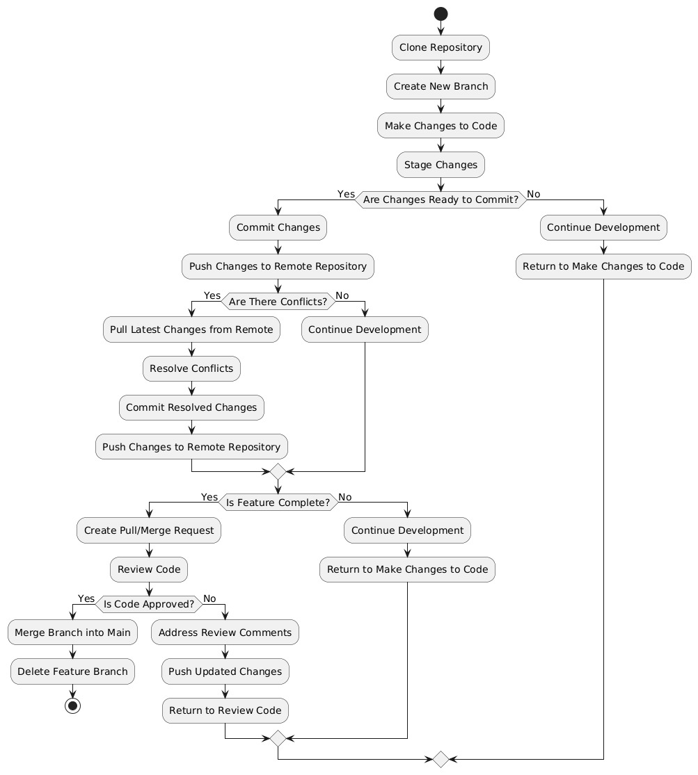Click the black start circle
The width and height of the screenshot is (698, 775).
[441, 14]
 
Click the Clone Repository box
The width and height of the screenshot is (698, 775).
[441, 47]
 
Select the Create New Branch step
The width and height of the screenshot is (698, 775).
[441, 87]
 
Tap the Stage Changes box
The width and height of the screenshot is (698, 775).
[441, 165]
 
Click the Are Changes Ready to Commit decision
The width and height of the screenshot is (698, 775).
[441, 200]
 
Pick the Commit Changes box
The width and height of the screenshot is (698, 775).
[278, 227]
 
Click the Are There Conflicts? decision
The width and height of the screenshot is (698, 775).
[278, 302]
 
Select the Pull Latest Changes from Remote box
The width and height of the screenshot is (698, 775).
[191, 329]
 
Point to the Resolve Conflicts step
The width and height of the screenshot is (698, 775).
[191, 368]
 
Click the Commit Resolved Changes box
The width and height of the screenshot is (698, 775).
[191, 407]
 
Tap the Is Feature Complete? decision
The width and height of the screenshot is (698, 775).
[278, 503]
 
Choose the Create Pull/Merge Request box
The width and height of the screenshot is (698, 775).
[149, 530]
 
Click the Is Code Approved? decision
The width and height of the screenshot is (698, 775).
[149, 604]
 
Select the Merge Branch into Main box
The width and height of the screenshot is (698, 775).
[72, 633]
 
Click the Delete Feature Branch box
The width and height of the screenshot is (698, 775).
[72, 671]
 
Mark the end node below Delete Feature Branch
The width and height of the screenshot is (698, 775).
[72, 705]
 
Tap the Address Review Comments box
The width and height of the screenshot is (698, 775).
[225, 633]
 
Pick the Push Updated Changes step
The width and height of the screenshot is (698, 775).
[225, 671]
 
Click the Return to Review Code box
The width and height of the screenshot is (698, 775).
[225, 710]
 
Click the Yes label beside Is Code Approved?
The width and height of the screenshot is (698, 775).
[86, 598]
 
